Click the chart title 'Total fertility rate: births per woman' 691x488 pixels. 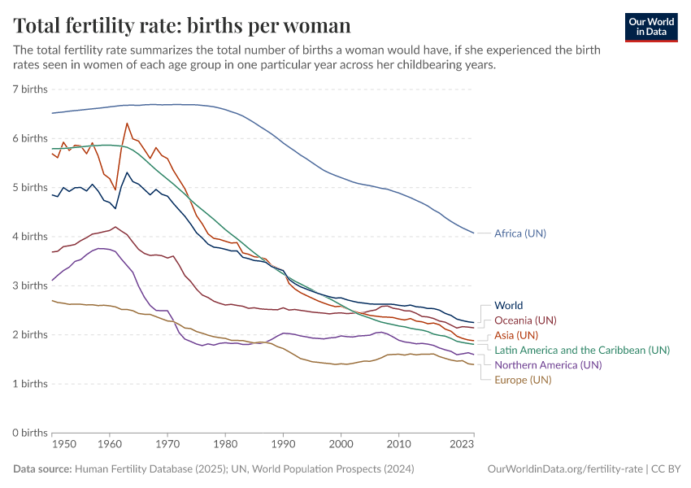(182, 25)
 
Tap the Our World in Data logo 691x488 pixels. (650, 27)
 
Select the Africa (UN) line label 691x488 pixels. (520, 233)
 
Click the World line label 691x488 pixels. (509, 306)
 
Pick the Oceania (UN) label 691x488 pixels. (525, 320)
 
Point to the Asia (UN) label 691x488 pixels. (516, 335)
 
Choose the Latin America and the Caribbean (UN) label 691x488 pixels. (582, 350)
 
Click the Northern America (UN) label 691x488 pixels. (548, 365)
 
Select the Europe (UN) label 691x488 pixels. (523, 380)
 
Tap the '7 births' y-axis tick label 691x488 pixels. (30, 89)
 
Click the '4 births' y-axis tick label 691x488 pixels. (30, 237)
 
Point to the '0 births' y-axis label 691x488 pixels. (30, 433)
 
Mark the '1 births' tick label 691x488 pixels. (30, 384)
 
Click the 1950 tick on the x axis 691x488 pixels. (63, 445)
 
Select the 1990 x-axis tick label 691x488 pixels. (284, 445)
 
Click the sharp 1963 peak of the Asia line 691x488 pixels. (127, 124)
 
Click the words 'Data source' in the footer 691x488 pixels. (42, 469)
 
